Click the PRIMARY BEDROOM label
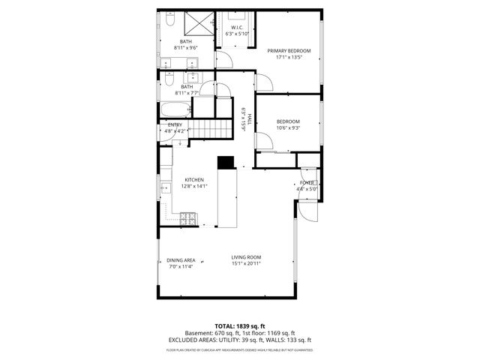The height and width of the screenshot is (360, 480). pyautogui.click(x=289, y=50)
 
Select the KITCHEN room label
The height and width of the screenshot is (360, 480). pyautogui.click(x=195, y=180)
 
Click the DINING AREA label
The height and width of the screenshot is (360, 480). pyautogui.click(x=181, y=260)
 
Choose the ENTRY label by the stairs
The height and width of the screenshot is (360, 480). pyautogui.click(x=175, y=124)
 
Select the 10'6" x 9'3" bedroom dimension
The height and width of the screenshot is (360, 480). pyautogui.click(x=288, y=127)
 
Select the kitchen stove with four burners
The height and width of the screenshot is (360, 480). pyautogui.click(x=189, y=219)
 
